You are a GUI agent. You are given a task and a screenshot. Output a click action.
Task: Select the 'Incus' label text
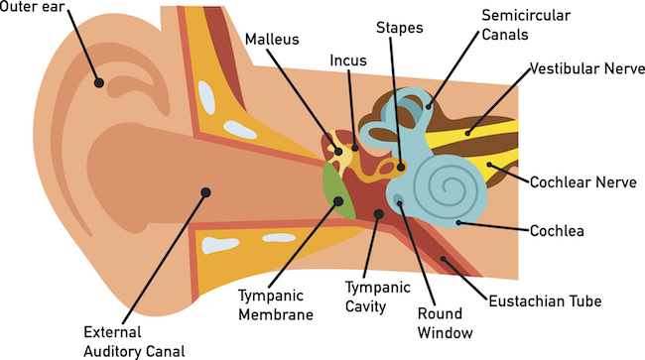click(x=348, y=60)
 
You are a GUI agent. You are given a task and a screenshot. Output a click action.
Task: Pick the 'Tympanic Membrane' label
click(x=276, y=304)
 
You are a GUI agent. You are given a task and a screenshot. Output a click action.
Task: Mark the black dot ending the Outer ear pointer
click(x=97, y=82)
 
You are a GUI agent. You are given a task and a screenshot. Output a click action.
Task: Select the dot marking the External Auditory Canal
click(x=205, y=191)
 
